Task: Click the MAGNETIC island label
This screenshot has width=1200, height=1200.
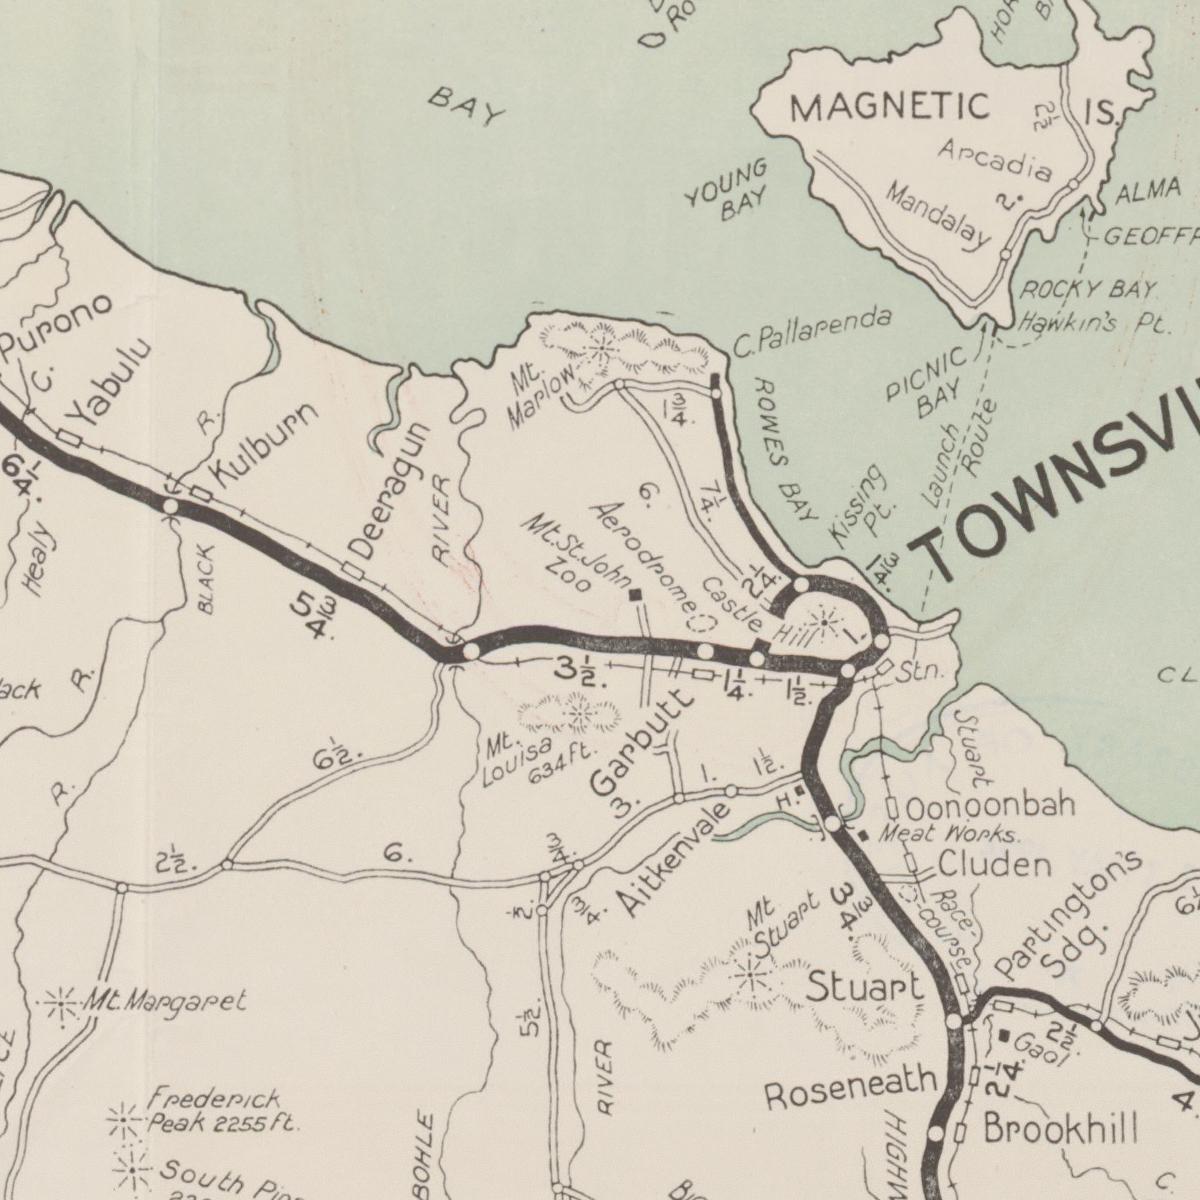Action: tap(890, 106)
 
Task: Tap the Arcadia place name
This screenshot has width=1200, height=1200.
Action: tap(995, 159)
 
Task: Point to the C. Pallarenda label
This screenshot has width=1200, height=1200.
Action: tap(811, 333)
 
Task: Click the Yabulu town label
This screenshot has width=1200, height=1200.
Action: tap(111, 382)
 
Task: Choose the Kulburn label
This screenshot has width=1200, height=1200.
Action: tap(266, 446)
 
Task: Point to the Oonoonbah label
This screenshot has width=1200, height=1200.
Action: tap(991, 805)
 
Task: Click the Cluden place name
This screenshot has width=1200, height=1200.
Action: tap(994, 864)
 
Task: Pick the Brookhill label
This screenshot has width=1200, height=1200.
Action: tap(1060, 1130)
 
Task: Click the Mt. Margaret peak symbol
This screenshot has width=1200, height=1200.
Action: tap(61, 1001)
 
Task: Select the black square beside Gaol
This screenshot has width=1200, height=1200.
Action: tap(1004, 1035)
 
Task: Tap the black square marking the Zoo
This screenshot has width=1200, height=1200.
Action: tap(635, 595)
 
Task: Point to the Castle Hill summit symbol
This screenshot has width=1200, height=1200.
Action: tap(823, 622)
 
